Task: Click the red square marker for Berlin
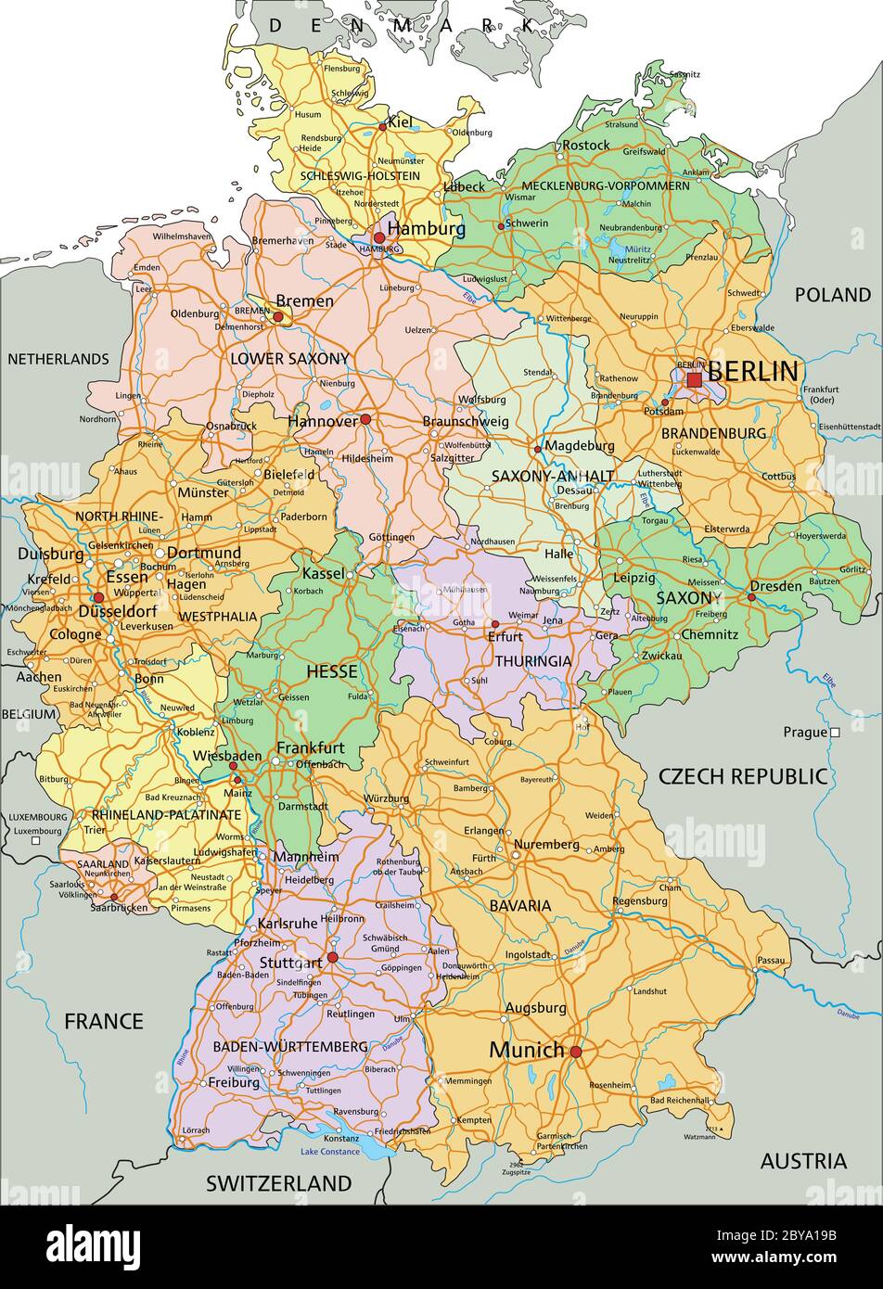pos(694,379)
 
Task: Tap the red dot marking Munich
pos(576,1052)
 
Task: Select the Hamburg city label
pos(426,228)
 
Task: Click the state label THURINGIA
pos(532,661)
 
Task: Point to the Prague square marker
pos(835,732)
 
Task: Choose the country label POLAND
pos(832,295)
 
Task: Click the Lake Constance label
pos(329,1152)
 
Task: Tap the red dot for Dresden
pos(752,597)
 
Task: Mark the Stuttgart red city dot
pos(332,957)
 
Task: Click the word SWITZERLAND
pos(278,1183)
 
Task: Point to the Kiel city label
pos(400,121)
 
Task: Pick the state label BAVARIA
pos(520,905)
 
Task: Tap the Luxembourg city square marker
pos(35,842)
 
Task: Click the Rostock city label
pos(585,145)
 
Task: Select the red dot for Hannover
pos(365,419)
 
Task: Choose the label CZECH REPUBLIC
pos(742,776)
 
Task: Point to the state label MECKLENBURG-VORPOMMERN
pos(605,185)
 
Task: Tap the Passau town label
pos(770,960)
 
